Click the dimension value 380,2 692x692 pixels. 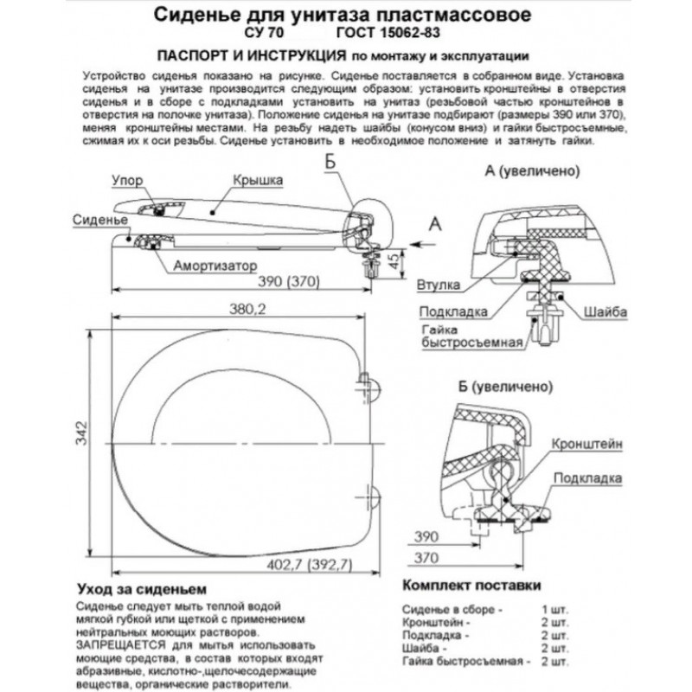click(x=247, y=310)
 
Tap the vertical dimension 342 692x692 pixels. click(x=82, y=433)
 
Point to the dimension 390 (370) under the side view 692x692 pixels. click(x=289, y=281)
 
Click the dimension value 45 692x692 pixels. click(x=395, y=260)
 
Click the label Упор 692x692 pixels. click(x=127, y=180)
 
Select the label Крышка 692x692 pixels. click(x=258, y=180)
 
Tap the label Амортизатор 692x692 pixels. click(x=215, y=266)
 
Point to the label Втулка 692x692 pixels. click(x=439, y=285)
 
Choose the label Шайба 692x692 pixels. click(x=605, y=311)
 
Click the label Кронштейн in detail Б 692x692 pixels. click(x=587, y=444)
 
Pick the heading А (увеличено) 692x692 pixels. click(x=532, y=170)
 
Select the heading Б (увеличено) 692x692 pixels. click(x=506, y=387)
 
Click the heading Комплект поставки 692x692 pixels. click(x=471, y=586)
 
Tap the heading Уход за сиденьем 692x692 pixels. click(x=142, y=589)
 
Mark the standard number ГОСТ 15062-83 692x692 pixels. click(x=388, y=33)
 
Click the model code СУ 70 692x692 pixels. click(x=264, y=33)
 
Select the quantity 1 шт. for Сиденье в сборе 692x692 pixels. click(x=555, y=610)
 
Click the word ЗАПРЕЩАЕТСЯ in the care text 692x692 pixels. click(x=121, y=644)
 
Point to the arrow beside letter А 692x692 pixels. click(x=422, y=244)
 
